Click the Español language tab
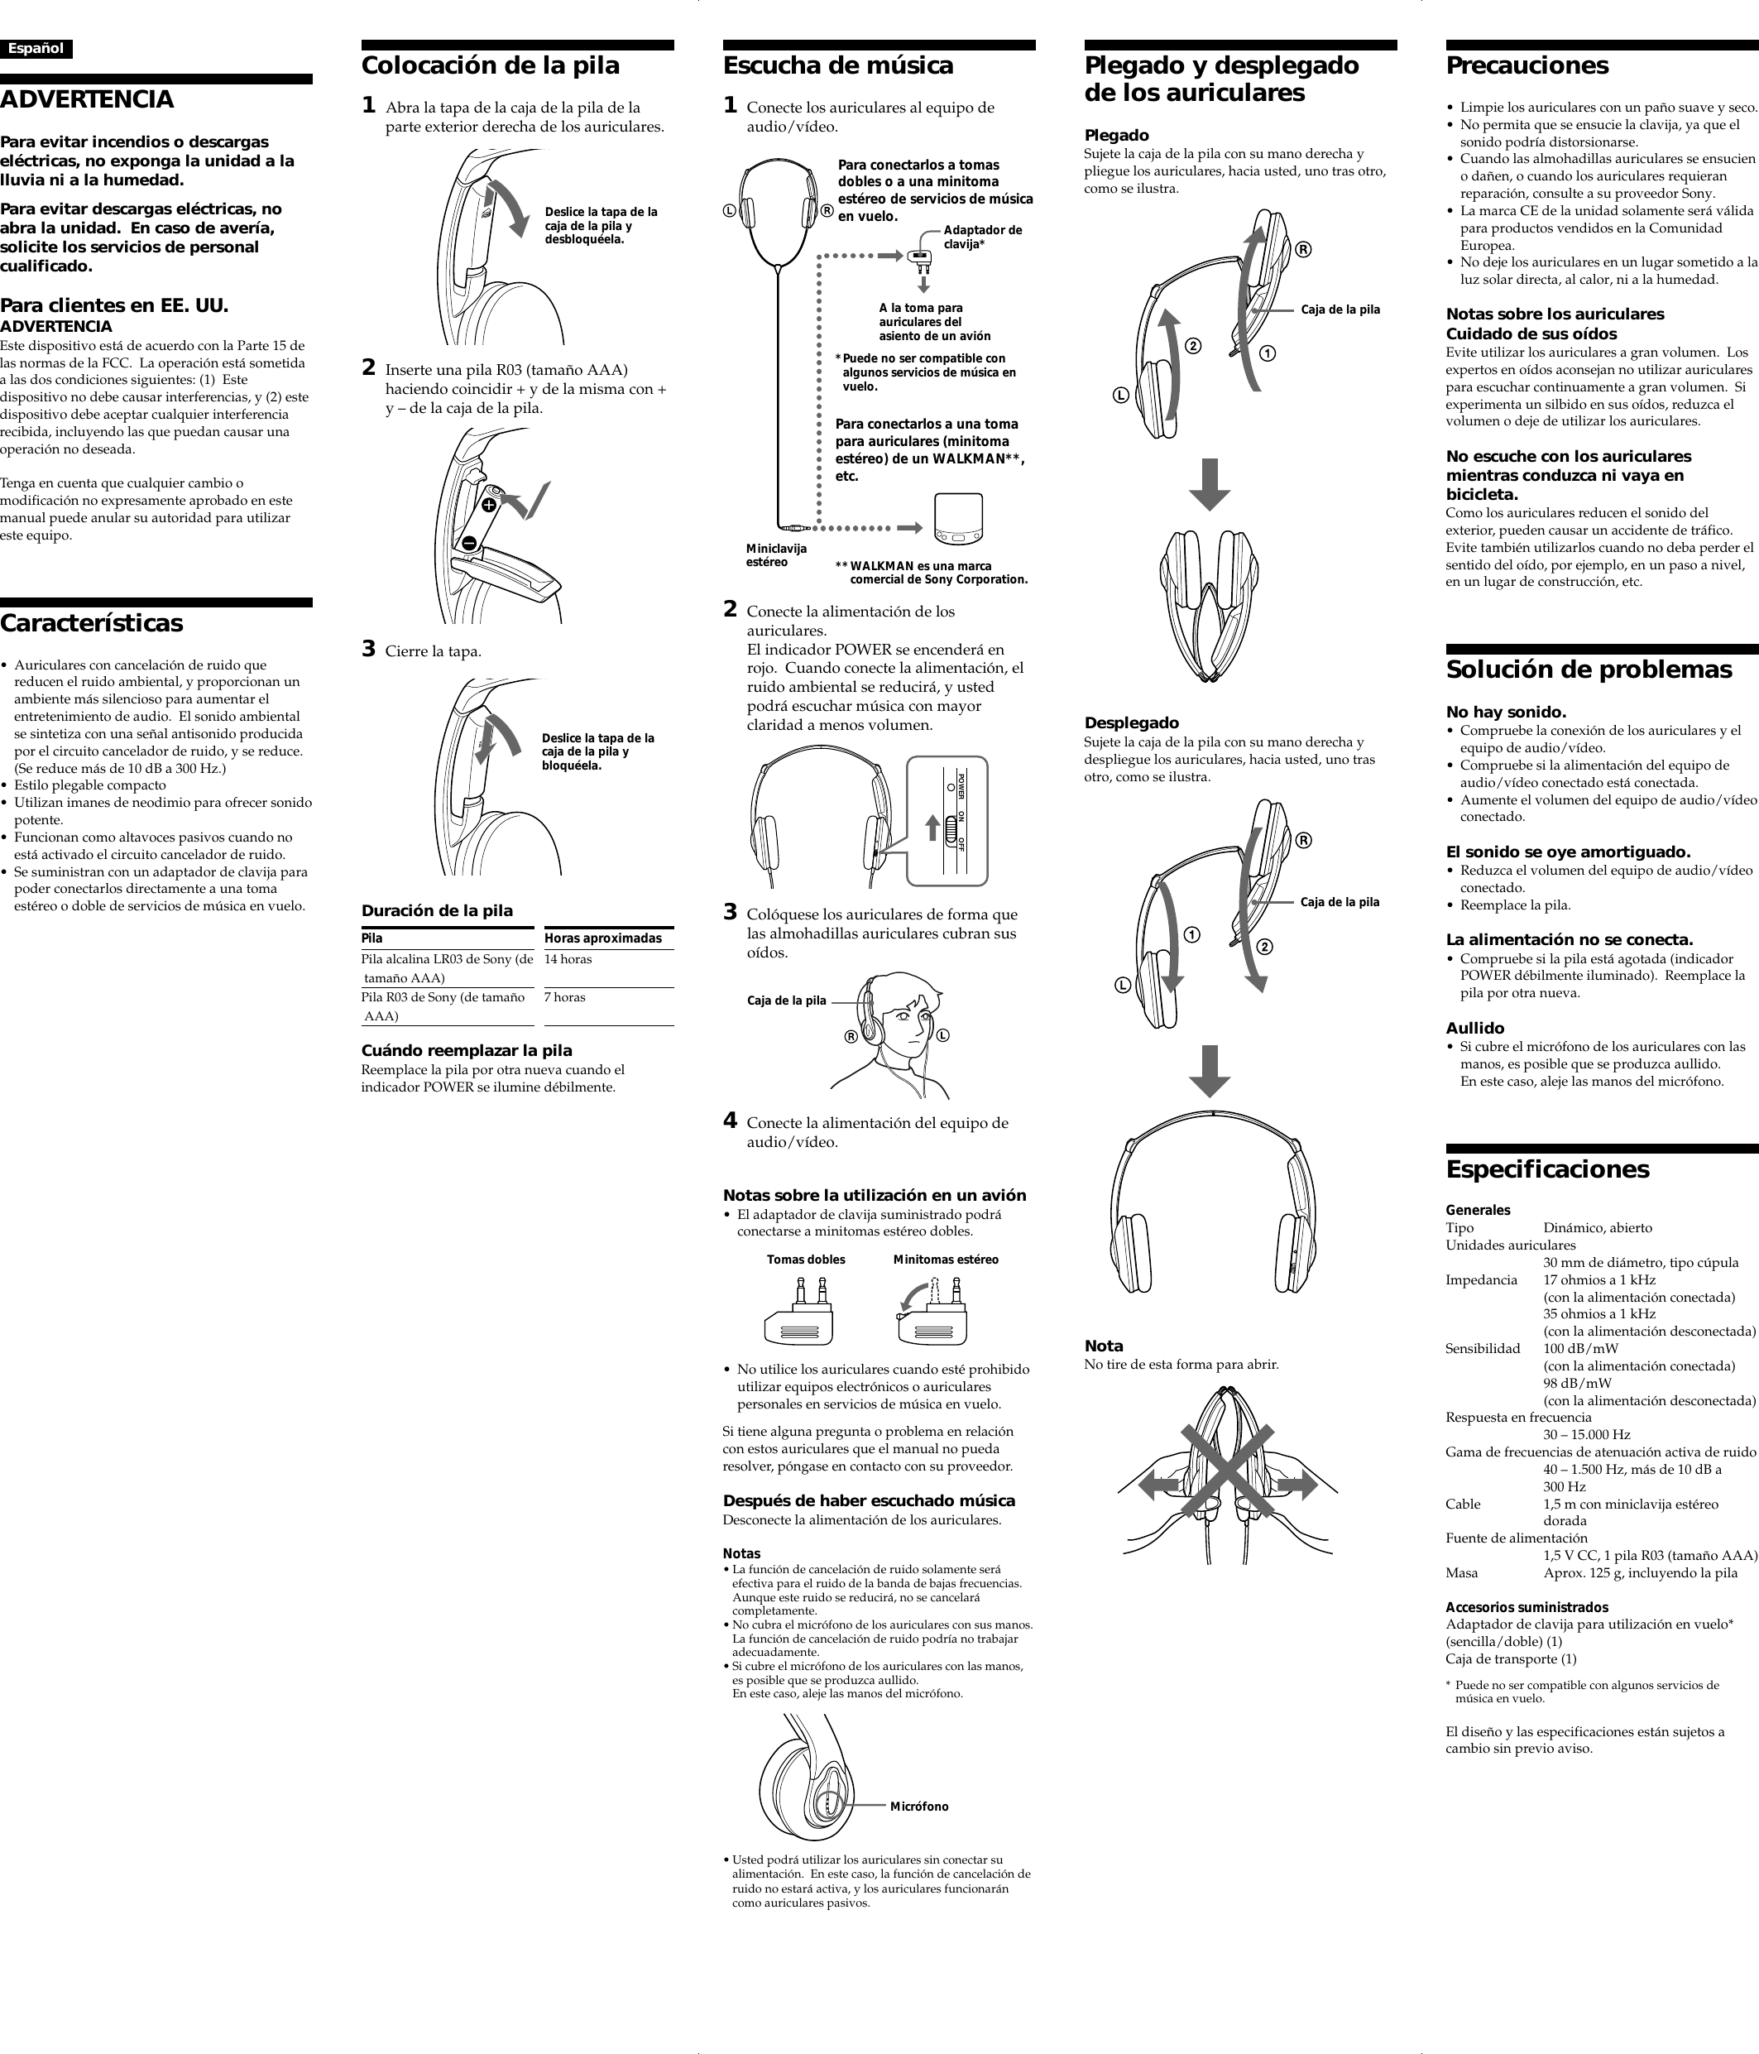(x=36, y=49)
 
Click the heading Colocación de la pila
(x=490, y=66)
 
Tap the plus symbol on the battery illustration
(x=490, y=506)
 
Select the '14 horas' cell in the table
(x=568, y=960)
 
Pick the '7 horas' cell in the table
(x=565, y=997)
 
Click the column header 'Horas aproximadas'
(x=602, y=938)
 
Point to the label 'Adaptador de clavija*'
(x=982, y=237)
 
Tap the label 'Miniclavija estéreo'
(x=776, y=555)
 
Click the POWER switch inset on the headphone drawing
(x=948, y=820)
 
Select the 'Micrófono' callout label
(x=918, y=1807)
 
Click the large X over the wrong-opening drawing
(x=1227, y=1474)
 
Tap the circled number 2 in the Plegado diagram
(x=1193, y=346)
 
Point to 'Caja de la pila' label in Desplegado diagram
(x=1340, y=902)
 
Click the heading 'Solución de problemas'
(x=1589, y=670)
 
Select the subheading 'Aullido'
(x=1474, y=1028)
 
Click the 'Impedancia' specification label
(x=1480, y=1279)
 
